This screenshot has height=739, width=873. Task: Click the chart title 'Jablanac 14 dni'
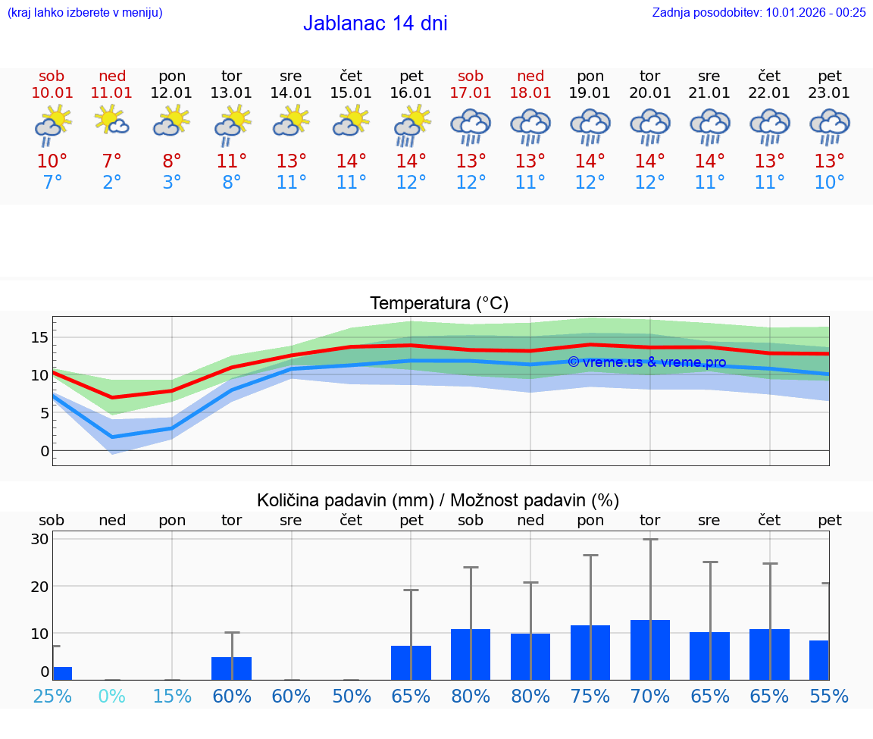375,23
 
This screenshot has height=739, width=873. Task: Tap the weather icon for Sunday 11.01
112,121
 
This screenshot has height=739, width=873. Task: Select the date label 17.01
471,92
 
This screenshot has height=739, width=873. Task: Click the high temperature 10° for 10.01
52,161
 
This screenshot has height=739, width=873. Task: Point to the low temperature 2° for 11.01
112,183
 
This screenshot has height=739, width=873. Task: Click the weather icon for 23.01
830,126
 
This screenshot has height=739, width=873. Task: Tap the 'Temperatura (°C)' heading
439,304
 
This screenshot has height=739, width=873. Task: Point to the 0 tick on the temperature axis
45,451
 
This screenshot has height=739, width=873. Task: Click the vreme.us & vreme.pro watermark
646,362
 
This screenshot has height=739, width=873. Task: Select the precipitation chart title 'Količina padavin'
438,500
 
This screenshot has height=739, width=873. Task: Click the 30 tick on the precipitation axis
40,540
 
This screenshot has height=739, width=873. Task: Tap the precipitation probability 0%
112,696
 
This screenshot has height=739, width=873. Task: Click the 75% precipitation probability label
590,696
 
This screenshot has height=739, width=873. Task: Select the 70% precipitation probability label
650,696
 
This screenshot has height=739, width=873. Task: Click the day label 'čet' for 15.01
351,76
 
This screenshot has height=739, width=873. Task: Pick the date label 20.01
650,92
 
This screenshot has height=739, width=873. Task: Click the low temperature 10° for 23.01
830,183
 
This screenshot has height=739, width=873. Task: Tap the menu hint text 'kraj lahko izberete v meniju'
85,12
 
